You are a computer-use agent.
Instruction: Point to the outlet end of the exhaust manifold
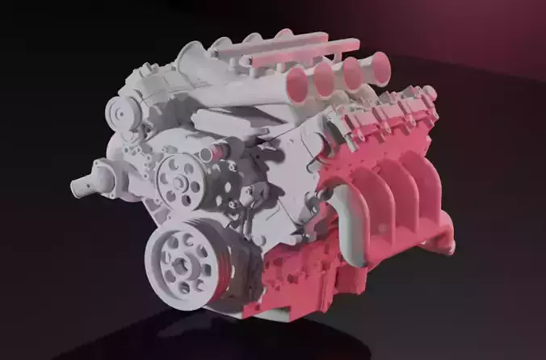443,241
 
